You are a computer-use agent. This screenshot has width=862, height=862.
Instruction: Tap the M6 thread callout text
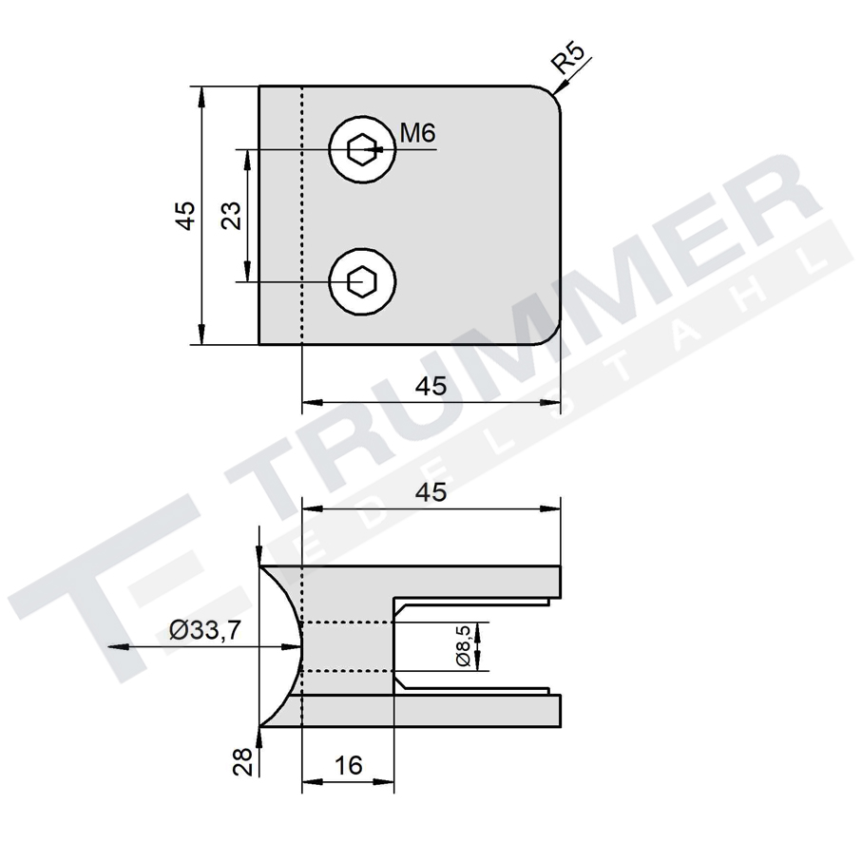click(x=417, y=134)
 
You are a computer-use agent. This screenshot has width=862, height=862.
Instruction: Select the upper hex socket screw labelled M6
click(x=361, y=149)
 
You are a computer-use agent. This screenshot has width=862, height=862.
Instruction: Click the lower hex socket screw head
click(x=361, y=281)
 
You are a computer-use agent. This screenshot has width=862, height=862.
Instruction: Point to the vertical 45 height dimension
click(x=186, y=215)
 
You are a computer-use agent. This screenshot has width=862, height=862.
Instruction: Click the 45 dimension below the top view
click(x=431, y=386)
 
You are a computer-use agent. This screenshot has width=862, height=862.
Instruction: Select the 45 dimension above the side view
click(x=431, y=492)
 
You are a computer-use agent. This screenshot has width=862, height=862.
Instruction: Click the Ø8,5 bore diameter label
click(x=464, y=647)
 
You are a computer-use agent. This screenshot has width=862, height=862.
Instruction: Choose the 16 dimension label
click(x=348, y=765)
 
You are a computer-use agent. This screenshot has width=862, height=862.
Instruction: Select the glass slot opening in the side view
click(x=475, y=647)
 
